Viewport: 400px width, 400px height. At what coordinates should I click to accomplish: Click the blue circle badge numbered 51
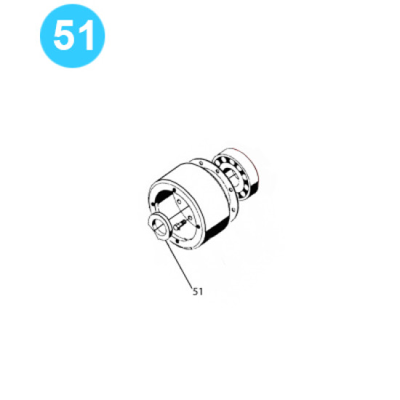(x=73, y=36)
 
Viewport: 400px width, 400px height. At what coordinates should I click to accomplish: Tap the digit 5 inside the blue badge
(x=63, y=36)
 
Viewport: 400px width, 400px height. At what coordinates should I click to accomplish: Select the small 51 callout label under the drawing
(x=198, y=292)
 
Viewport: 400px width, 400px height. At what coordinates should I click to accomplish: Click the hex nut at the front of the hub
(x=159, y=228)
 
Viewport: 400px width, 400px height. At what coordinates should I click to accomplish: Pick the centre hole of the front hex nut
(x=159, y=228)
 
